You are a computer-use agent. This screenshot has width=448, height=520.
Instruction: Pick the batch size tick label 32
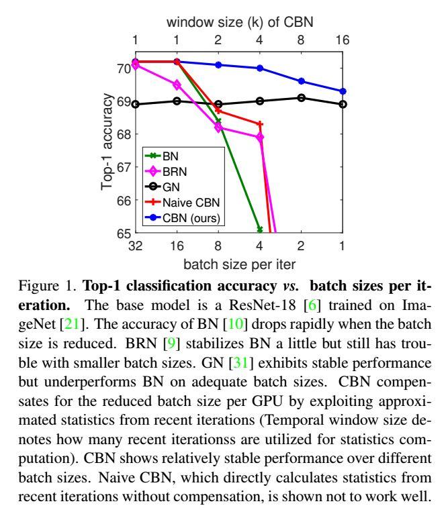[x=136, y=246]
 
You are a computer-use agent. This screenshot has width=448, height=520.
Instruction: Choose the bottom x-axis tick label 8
[x=218, y=246]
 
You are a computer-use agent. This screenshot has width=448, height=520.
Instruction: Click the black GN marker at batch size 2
[x=301, y=98]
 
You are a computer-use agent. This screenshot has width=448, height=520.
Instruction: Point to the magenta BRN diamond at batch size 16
[x=177, y=85]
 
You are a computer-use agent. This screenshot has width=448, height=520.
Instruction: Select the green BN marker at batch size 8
[x=218, y=121]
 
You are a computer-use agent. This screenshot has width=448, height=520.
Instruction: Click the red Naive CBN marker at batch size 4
[x=260, y=124]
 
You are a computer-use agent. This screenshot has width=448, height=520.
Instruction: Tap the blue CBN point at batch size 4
[x=260, y=68]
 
